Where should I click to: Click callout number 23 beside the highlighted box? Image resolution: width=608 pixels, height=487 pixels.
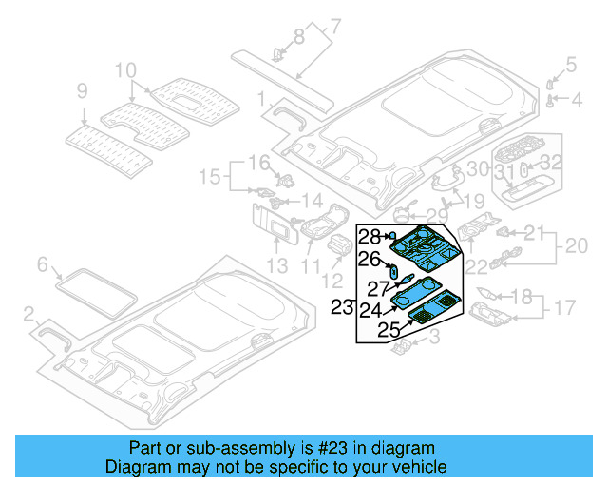click(x=342, y=306)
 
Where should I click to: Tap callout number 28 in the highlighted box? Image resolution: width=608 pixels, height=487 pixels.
click(x=369, y=236)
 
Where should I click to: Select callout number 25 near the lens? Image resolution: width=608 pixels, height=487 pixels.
click(x=387, y=329)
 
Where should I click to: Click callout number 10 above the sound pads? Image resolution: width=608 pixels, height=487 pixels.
click(x=125, y=70)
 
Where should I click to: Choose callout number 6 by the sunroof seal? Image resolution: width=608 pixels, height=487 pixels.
click(x=42, y=264)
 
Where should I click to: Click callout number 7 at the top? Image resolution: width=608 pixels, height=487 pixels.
click(x=334, y=26)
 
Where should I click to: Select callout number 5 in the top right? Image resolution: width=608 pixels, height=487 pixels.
click(x=570, y=65)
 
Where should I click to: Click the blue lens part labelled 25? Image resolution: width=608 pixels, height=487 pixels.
click(x=429, y=306)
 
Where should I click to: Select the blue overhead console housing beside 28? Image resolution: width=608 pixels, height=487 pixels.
click(x=427, y=244)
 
